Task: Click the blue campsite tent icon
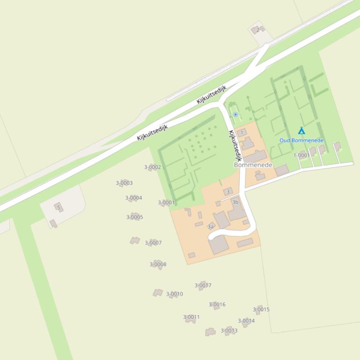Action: pyautogui.click(x=301, y=131)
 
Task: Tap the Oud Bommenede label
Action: pyautogui.click(x=301, y=140)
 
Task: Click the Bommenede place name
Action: pyautogui.click(x=253, y=165)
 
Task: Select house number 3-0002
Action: pyautogui.click(x=153, y=167)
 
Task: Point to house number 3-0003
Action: pyautogui.click(x=124, y=183)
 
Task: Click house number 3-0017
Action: pyautogui.click(x=203, y=285)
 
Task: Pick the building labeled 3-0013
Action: pyautogui.click(x=229, y=331)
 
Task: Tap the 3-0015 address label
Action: pyautogui.click(x=261, y=309)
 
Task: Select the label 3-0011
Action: pyautogui.click(x=191, y=317)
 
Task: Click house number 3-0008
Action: pyautogui.click(x=158, y=264)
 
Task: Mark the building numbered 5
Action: pyautogui.click(x=59, y=207)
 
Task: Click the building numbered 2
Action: pyautogui.click(x=257, y=30)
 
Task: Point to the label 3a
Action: pyautogui.click(x=211, y=227)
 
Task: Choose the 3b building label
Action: pyautogui.click(x=235, y=202)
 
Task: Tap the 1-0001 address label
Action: pyautogui.click(x=301, y=155)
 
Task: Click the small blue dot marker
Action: pyautogui.click(x=235, y=114)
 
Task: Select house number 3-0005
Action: pyautogui.click(x=134, y=217)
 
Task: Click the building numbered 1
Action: pyautogui.click(x=242, y=133)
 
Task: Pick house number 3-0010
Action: pyautogui.click(x=175, y=294)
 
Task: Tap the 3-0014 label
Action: pyautogui.click(x=246, y=321)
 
